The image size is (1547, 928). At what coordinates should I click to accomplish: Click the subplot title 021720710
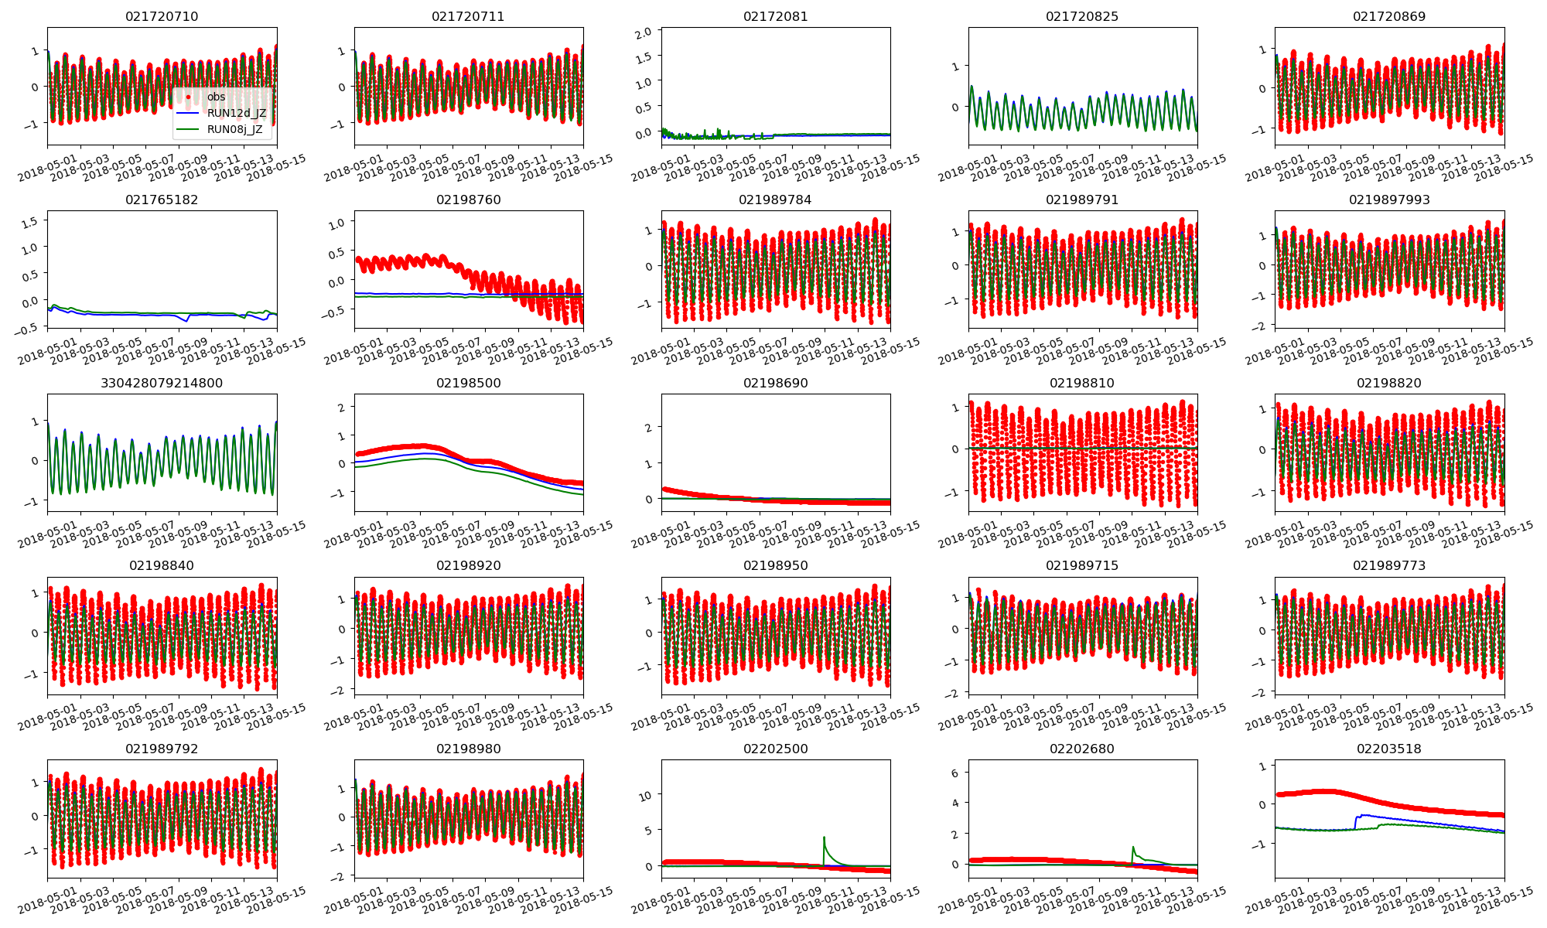coord(162,16)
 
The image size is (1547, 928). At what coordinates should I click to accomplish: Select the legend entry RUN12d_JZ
coord(236,113)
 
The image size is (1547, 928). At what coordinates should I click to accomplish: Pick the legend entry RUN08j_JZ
coord(234,129)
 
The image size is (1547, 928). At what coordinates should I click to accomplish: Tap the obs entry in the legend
coord(216,97)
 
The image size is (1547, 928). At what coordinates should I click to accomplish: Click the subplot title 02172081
coord(775,16)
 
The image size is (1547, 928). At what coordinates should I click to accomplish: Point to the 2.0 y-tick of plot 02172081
coord(644,32)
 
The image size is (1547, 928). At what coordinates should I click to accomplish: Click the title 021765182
coord(162,200)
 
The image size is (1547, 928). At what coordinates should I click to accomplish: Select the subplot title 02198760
coord(468,200)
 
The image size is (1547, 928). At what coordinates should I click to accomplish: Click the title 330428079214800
coord(162,383)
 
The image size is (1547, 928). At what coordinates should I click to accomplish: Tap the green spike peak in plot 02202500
coord(824,837)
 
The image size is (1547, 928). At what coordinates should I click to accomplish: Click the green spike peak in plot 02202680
coord(1132,847)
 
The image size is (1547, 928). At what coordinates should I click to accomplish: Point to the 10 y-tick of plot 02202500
coord(646,796)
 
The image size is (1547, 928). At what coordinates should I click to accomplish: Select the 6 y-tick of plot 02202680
coord(954,773)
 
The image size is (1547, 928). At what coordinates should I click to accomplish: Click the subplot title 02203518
coord(1388,749)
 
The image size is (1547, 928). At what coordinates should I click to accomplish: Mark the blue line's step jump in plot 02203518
coord(1355,822)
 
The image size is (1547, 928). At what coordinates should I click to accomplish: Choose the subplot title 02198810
coord(1081,383)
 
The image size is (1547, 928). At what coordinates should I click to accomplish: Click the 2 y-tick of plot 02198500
coord(340,407)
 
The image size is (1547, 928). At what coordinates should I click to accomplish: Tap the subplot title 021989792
coord(162,749)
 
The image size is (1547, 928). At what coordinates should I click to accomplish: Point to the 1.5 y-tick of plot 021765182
coord(29,223)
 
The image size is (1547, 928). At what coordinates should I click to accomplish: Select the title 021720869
coord(1388,16)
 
